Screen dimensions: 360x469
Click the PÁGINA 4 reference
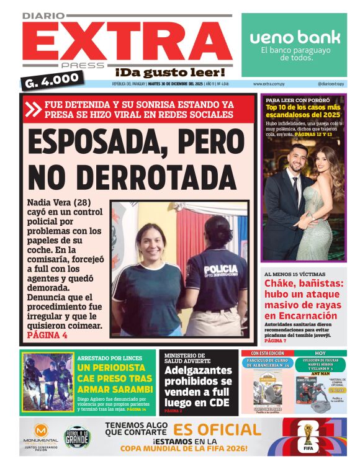click(x=47, y=335)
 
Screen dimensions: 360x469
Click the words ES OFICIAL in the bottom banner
click(x=217, y=430)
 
